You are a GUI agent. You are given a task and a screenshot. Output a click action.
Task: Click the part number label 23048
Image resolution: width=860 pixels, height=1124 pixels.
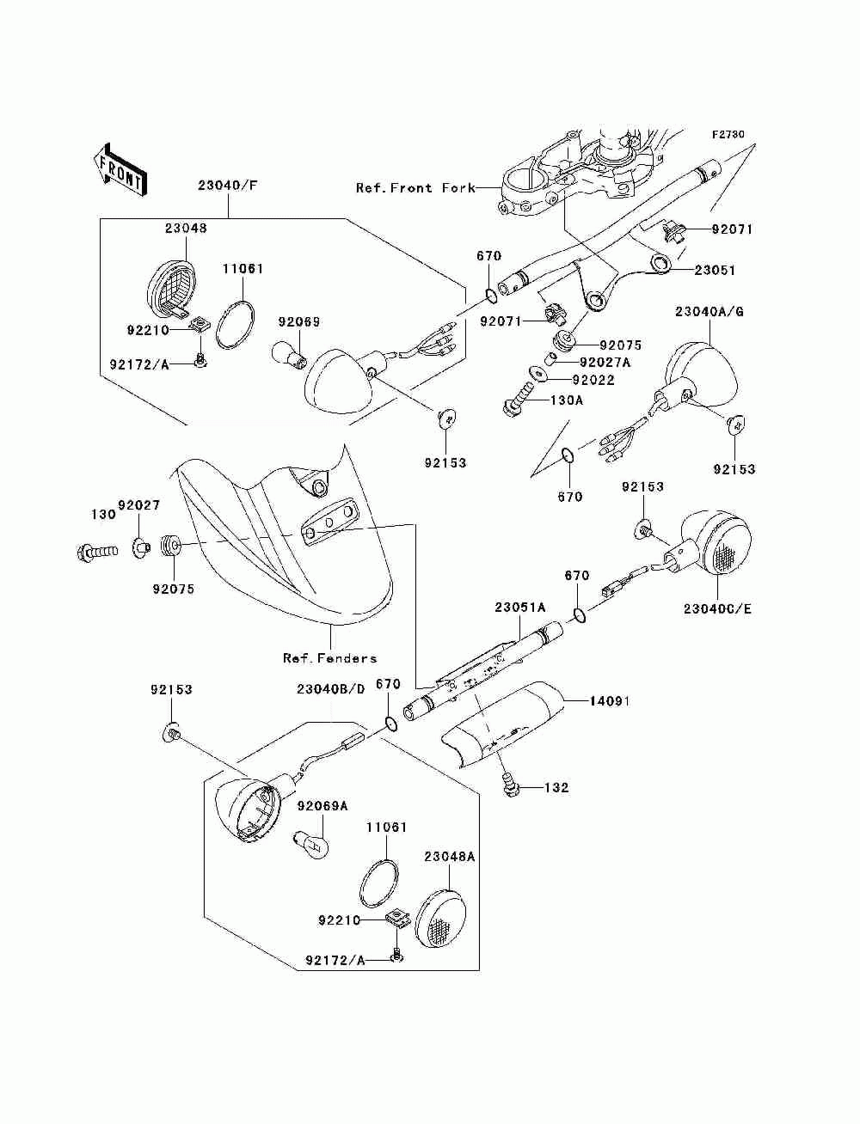187,229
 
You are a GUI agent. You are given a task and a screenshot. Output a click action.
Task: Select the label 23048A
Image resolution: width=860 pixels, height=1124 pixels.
450,856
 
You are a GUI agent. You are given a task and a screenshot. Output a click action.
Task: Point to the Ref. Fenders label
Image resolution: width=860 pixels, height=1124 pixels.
330,658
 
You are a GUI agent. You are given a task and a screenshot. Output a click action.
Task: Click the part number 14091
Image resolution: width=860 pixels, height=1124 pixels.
610,701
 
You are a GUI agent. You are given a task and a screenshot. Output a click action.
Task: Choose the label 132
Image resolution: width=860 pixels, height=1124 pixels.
557,787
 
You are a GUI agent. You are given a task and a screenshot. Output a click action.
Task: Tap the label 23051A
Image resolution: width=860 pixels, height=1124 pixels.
519,607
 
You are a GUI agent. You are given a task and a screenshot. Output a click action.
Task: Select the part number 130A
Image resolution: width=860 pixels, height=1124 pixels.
567,400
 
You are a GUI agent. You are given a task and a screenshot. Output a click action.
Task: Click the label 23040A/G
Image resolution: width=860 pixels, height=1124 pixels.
709,311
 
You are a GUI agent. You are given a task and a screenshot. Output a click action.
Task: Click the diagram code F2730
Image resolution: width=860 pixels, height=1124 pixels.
728,135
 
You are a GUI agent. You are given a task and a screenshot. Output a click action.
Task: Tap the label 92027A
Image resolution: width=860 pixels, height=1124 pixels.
605,363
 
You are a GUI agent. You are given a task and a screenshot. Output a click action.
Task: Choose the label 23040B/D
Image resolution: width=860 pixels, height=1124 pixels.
331,689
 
